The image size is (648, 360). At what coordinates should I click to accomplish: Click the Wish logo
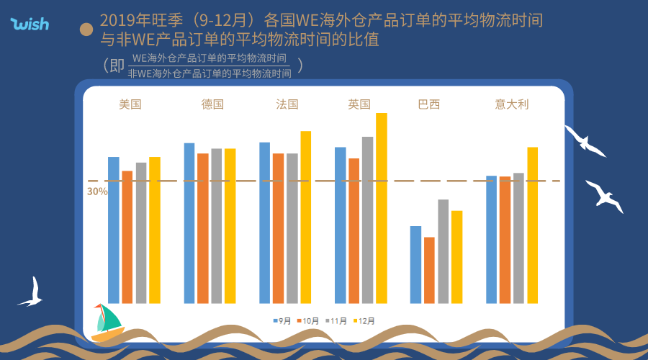[x=30, y=24]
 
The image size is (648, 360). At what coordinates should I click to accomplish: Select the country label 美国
[x=130, y=104]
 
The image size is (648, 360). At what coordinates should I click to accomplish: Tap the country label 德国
[x=212, y=104]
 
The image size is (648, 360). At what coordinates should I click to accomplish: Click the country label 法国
[x=287, y=104]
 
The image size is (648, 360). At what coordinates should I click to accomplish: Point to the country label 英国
[x=359, y=104]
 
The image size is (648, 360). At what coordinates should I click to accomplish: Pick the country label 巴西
[x=429, y=104]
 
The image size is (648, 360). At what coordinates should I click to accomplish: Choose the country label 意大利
[x=512, y=104]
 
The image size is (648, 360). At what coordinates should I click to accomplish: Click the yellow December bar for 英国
[x=382, y=208]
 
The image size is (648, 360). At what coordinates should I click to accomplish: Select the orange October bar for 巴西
[x=430, y=270]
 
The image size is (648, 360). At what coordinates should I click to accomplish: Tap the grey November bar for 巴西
[x=444, y=251]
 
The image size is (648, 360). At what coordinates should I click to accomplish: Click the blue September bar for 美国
[x=114, y=230]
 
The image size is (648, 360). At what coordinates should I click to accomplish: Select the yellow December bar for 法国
[x=306, y=217]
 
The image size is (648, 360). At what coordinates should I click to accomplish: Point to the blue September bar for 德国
[x=189, y=223]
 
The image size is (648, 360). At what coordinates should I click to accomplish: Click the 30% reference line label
[x=97, y=192]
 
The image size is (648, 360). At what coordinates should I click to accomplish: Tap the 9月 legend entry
[x=282, y=320]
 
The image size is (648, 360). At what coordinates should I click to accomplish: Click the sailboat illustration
[x=107, y=322]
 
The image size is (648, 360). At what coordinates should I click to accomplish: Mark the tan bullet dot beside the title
[x=86, y=29]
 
